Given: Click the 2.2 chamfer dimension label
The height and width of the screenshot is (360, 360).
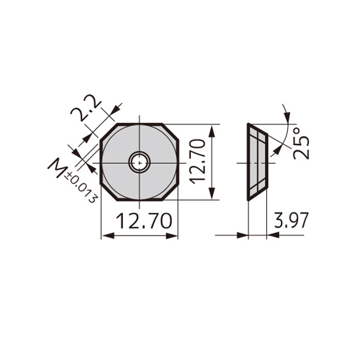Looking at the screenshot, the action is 86,108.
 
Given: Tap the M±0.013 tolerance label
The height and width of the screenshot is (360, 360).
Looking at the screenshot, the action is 73,181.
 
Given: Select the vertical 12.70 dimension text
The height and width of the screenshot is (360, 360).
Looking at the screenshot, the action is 197,161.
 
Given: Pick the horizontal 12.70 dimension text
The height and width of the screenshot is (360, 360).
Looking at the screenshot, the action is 144,221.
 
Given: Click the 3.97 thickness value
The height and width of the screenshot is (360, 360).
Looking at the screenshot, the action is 291,220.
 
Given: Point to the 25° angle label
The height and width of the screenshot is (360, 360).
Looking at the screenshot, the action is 301,144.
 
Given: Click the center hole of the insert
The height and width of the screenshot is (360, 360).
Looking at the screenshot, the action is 139,163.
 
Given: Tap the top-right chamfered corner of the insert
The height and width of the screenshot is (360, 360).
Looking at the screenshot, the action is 170,132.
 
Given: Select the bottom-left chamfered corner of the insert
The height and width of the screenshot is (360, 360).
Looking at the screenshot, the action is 109,193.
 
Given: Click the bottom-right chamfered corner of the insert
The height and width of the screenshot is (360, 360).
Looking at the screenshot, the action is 170,193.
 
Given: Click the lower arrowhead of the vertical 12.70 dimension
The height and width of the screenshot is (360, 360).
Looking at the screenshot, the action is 212,193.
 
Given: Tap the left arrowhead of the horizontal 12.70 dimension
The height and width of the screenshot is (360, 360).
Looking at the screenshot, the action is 108,235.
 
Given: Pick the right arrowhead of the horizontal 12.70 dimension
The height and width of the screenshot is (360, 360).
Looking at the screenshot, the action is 172,235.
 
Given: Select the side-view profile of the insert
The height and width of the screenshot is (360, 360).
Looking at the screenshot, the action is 257,162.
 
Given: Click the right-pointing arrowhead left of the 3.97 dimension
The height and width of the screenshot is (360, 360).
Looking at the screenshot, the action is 242,235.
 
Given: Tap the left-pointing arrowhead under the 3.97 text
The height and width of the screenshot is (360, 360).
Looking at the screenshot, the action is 273,235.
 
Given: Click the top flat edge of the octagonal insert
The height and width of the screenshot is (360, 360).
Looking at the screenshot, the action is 140,124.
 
